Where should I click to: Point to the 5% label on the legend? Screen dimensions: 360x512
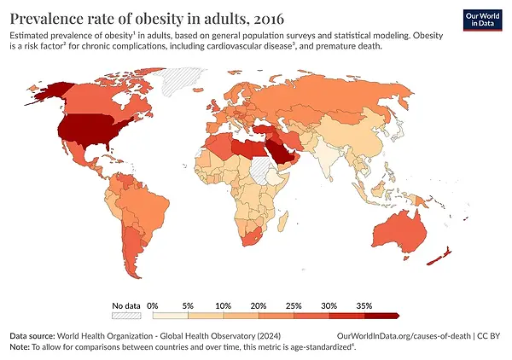(189, 305)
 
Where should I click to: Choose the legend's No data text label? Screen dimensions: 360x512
(125, 305)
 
